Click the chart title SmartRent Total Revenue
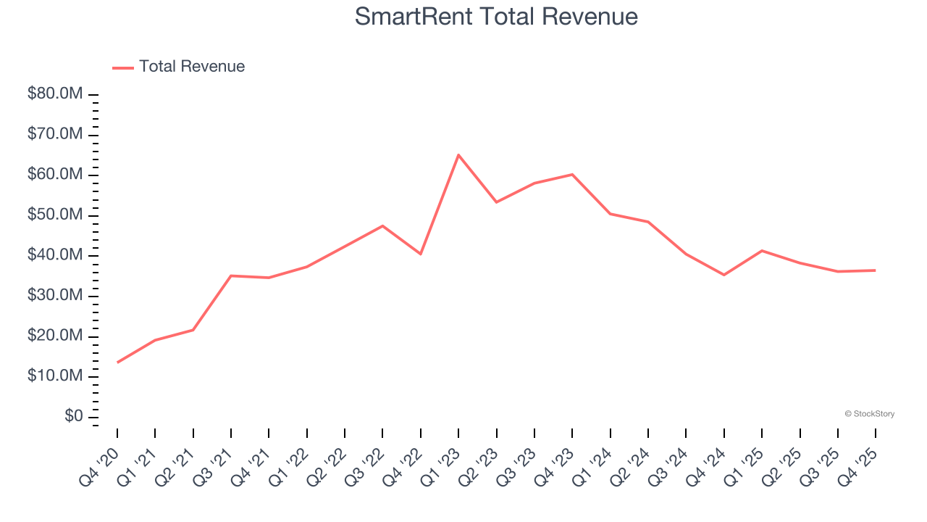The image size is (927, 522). [496, 17]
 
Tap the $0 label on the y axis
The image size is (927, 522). [73, 417]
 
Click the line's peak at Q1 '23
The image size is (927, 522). [458, 154]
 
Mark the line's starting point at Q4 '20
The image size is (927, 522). [117, 362]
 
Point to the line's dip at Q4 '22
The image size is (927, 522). [421, 254]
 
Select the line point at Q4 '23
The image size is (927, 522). [572, 174]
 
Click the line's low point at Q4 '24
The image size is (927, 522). [723, 275]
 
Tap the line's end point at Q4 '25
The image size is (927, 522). [875, 270]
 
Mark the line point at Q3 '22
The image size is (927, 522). [382, 225]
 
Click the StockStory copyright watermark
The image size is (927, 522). [869, 414]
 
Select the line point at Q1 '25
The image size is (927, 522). [761, 250]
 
